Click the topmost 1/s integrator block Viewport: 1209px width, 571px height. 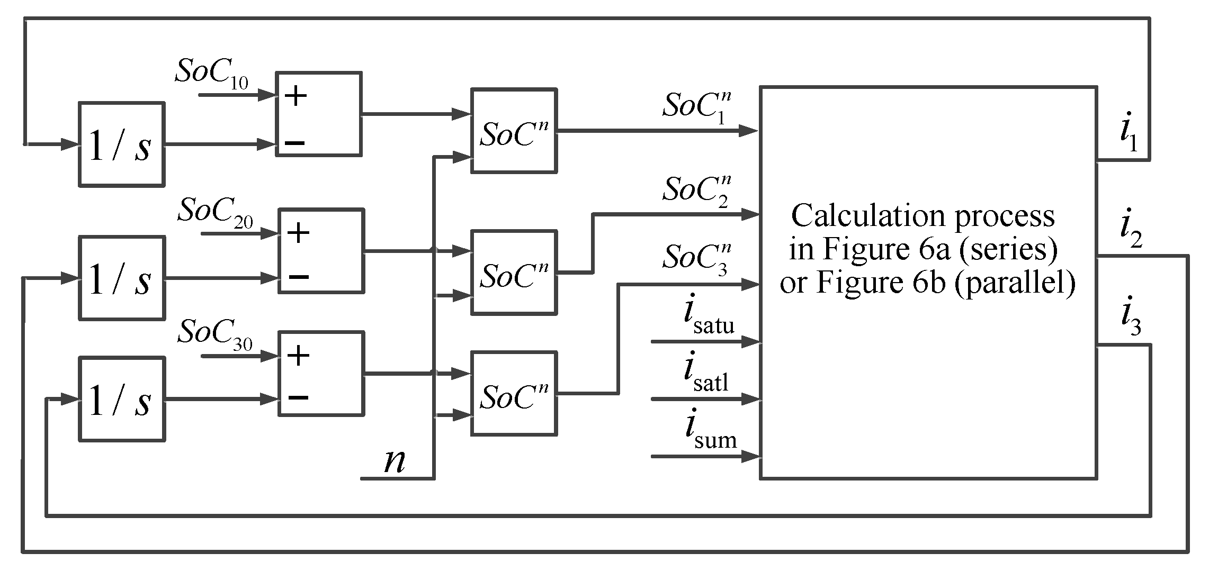pyautogui.click(x=121, y=144)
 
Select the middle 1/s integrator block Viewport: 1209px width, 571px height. pyautogui.click(x=122, y=278)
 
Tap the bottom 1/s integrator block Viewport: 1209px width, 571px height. pyautogui.click(x=122, y=400)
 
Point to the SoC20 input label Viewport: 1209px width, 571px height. pyautogui.click(x=215, y=213)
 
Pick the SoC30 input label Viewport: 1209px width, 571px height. pyautogui.click(x=215, y=334)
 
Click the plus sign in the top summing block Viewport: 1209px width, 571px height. pyautogui.click(x=295, y=96)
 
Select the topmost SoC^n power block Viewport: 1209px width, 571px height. pyautogui.click(x=513, y=131)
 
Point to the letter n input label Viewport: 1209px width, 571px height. pyautogui.click(x=395, y=461)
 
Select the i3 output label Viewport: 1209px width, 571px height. pyautogui.click(x=1130, y=321)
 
